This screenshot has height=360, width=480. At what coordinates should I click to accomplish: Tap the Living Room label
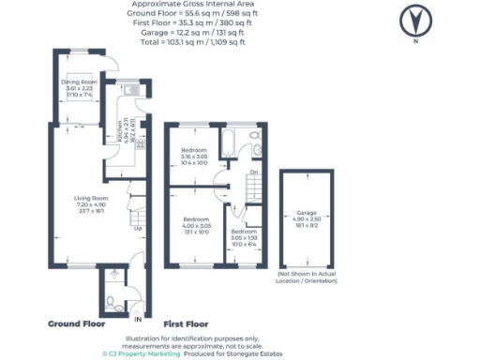(x=94, y=198)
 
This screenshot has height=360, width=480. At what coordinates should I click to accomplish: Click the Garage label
(x=307, y=213)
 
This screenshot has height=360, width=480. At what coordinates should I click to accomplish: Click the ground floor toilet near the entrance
(x=111, y=301)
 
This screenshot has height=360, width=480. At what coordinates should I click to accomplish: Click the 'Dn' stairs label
(x=254, y=172)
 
